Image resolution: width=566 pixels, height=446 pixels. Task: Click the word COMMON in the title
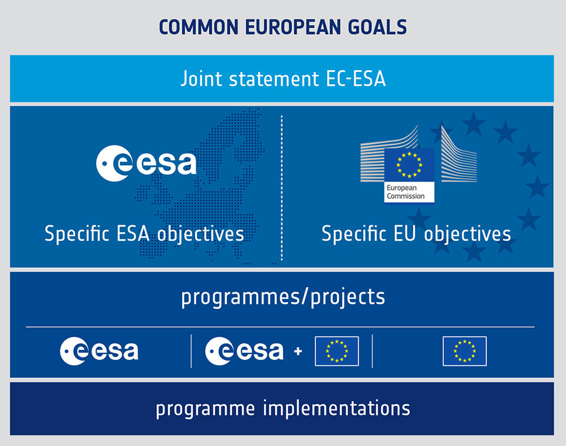click(199, 27)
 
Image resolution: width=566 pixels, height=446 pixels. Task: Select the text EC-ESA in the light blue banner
click(356, 78)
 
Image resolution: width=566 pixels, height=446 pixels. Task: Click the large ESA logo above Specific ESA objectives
click(146, 163)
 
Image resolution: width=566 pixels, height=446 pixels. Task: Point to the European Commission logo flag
click(409, 165)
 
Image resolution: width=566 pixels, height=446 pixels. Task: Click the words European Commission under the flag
click(406, 192)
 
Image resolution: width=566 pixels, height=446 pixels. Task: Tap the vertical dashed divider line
click(282, 188)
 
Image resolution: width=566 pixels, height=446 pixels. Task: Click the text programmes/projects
click(283, 297)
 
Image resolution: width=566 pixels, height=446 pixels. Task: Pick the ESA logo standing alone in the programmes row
click(99, 351)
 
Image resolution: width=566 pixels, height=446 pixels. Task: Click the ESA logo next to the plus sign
click(244, 351)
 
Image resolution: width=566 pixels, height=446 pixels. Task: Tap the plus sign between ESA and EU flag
click(298, 351)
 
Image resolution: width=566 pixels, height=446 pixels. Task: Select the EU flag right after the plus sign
click(337, 351)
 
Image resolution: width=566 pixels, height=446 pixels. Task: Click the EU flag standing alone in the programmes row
click(465, 351)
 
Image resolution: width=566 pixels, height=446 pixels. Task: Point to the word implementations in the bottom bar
click(337, 408)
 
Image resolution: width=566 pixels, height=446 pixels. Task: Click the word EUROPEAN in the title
click(293, 27)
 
